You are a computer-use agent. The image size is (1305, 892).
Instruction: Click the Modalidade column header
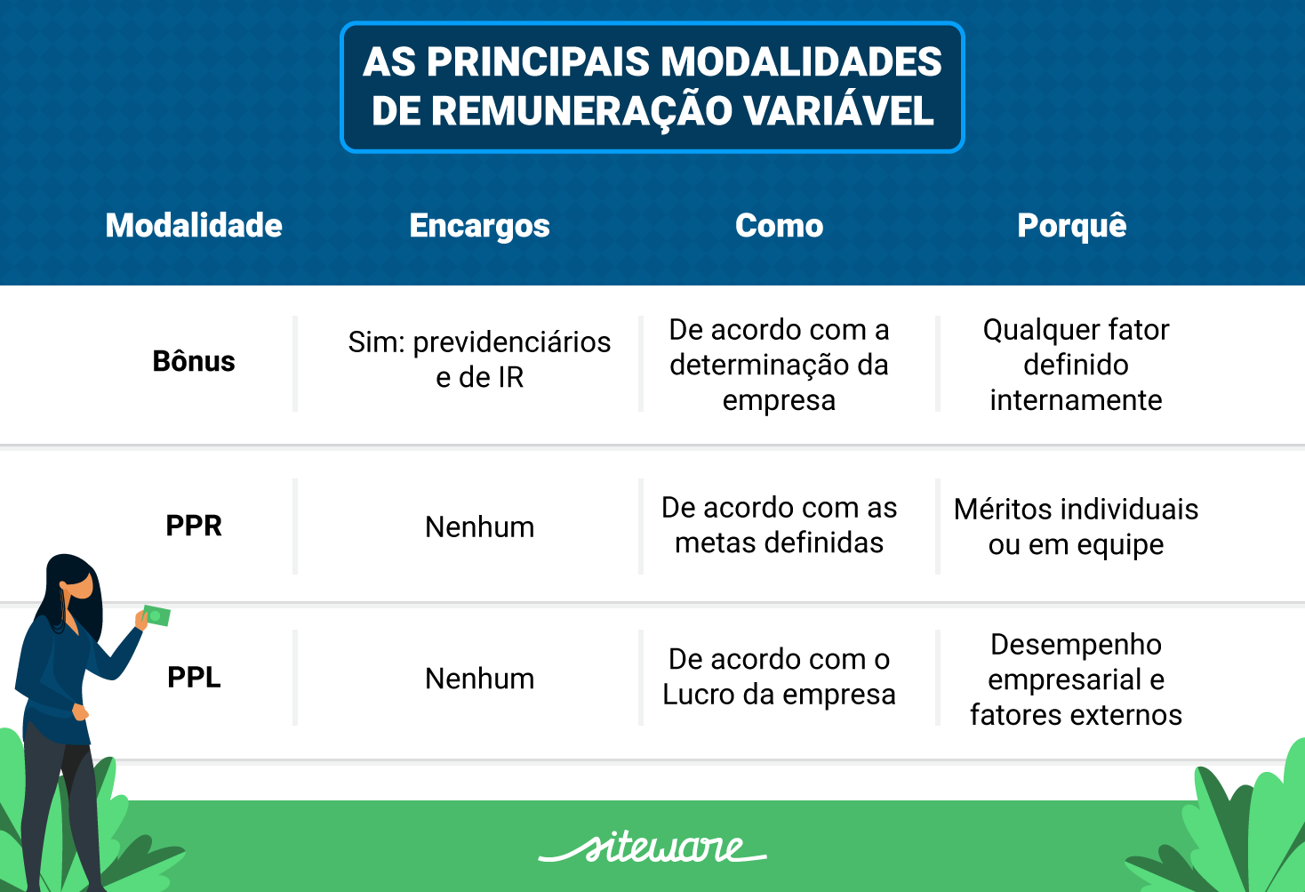click(x=194, y=226)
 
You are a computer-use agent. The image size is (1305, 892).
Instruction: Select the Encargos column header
click(x=479, y=226)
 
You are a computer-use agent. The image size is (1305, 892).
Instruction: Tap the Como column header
click(x=779, y=226)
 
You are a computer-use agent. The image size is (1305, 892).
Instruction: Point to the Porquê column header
click(x=1071, y=226)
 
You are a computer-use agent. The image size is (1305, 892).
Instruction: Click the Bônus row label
click(x=194, y=362)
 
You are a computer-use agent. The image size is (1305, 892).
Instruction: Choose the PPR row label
click(x=194, y=526)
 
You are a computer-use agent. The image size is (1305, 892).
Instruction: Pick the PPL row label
click(x=194, y=678)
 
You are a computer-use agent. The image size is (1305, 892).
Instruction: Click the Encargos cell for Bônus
click(x=479, y=360)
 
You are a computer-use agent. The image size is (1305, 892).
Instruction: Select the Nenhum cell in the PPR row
click(x=479, y=526)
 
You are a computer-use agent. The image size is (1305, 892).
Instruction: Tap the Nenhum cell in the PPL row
click(x=479, y=679)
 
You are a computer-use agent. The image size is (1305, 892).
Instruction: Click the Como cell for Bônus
click(x=779, y=365)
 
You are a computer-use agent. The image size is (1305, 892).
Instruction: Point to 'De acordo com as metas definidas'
click(x=779, y=525)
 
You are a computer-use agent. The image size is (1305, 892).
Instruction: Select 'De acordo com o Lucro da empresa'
click(x=779, y=677)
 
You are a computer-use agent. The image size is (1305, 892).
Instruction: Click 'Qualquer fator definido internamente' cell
click(x=1076, y=365)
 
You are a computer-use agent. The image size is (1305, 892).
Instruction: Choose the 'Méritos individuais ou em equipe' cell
click(x=1076, y=526)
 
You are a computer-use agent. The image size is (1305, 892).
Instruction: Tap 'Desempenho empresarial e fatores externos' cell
click(x=1076, y=679)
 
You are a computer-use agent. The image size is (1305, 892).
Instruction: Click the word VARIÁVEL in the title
click(x=839, y=111)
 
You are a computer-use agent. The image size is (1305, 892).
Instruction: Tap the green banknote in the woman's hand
click(x=156, y=615)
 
